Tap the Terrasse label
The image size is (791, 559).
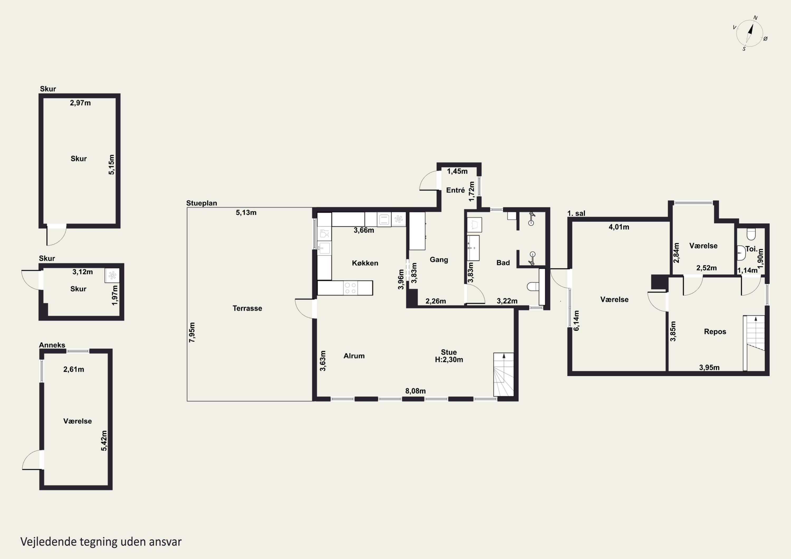(247, 308)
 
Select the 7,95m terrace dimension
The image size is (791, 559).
(192, 332)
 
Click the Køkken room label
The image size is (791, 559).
(365, 263)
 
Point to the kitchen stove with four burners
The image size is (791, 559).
(351, 288)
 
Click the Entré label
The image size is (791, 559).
(455, 190)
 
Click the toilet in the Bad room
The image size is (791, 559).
(533, 286)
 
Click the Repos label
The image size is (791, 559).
(715, 332)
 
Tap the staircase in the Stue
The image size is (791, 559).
(504, 375)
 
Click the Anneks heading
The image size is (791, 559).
(52, 345)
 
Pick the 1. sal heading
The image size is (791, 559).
(576, 213)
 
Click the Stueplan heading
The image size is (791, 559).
(201, 203)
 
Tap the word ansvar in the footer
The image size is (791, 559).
(165, 542)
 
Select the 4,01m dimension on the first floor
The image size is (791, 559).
(619, 227)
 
